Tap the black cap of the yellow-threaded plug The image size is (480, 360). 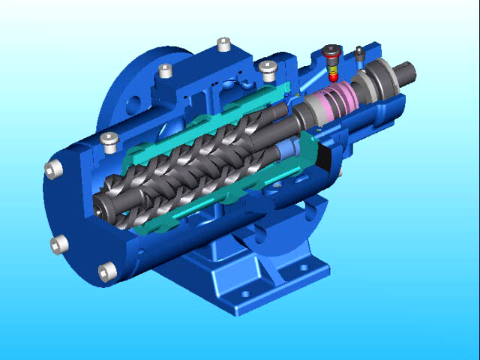point(332,52)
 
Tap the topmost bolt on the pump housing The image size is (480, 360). point(223,44)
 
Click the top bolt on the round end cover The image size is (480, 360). point(52,169)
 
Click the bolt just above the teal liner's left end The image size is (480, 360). point(110,138)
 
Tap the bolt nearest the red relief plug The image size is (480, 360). point(268,68)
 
